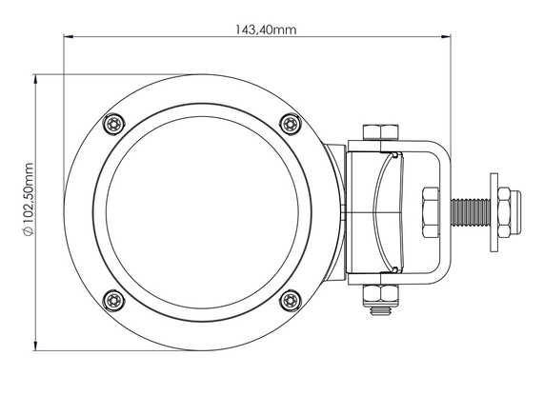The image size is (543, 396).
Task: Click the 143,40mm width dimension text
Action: pos(266,29)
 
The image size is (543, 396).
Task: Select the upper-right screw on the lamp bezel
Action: pos(290,123)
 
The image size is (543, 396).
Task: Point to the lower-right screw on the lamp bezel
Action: pos(290,302)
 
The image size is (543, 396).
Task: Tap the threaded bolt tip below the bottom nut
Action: pos(380,308)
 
